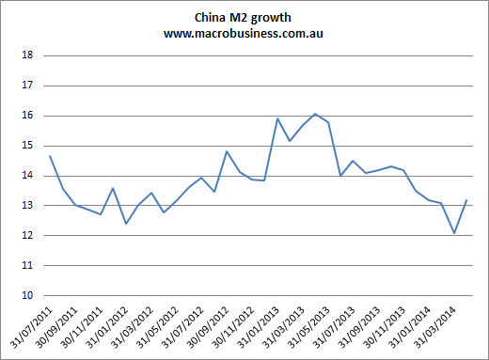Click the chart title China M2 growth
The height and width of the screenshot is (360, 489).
(x=243, y=18)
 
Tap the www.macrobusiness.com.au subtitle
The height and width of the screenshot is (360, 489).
(x=244, y=33)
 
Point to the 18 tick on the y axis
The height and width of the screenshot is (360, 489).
(x=27, y=55)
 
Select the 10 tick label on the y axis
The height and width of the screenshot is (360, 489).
(x=27, y=295)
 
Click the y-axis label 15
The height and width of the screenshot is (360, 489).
(x=27, y=146)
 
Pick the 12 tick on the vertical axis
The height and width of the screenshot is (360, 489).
(x=27, y=235)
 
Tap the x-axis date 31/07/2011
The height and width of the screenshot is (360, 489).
(x=31, y=328)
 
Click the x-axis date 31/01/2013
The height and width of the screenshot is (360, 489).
(x=258, y=328)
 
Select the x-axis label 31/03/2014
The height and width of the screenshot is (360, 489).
(x=434, y=328)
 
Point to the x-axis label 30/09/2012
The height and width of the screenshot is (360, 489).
(x=208, y=328)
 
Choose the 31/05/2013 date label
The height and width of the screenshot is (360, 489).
(x=308, y=328)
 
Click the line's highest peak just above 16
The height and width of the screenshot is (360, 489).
(x=315, y=114)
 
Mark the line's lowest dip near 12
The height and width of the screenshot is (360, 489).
(x=454, y=233)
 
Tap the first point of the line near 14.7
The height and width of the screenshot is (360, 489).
(x=50, y=156)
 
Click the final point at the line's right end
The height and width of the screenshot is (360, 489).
(x=466, y=200)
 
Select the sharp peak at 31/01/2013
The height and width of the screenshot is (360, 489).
(x=277, y=118)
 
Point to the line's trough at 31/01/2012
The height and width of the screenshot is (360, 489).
(x=126, y=224)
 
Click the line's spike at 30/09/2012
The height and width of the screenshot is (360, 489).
(x=227, y=151)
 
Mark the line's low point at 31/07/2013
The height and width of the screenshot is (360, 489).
(x=340, y=176)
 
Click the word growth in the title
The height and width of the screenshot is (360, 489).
(x=271, y=19)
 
